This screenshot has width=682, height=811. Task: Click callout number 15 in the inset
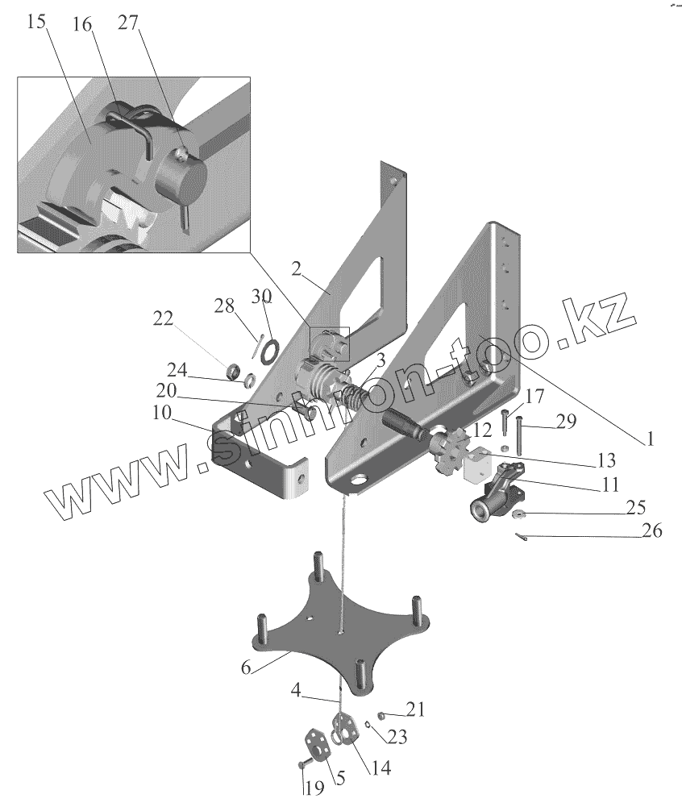pos(35,22)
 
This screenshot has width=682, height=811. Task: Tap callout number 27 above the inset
pos(128,22)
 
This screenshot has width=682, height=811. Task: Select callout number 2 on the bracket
pos(297,269)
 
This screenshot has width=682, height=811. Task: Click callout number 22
pos(164,319)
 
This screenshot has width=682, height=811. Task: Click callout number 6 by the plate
pos(246,668)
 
